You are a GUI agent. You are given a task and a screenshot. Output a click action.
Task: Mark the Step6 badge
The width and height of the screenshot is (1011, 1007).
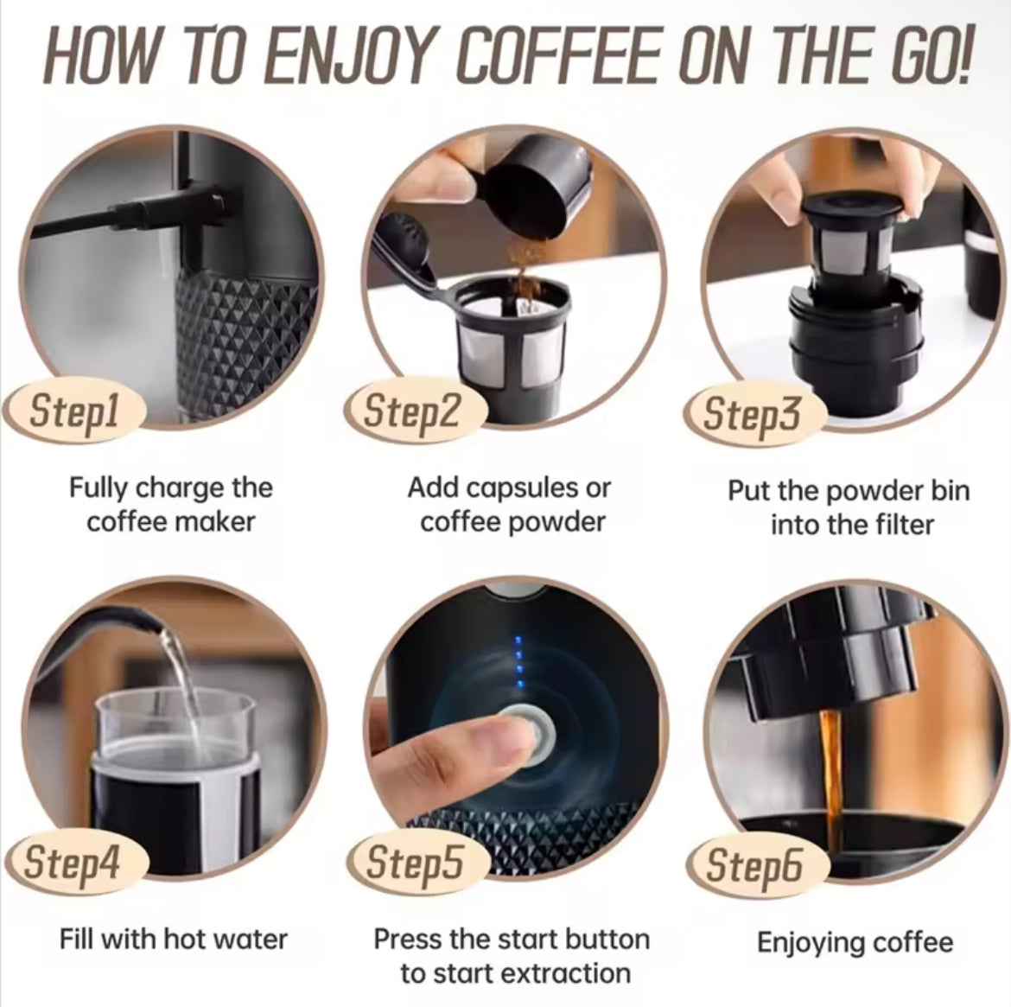click(x=753, y=864)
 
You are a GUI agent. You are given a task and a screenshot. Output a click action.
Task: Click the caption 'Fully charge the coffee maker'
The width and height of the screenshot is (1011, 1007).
click(x=171, y=505)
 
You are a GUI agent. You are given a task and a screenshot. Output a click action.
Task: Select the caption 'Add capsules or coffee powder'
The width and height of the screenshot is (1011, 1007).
click(x=510, y=505)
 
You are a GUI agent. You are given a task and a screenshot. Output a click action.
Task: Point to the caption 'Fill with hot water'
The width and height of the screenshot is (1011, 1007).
click(x=173, y=939)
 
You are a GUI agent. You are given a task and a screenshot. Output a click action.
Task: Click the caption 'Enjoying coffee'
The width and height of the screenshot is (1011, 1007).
click(x=854, y=942)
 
